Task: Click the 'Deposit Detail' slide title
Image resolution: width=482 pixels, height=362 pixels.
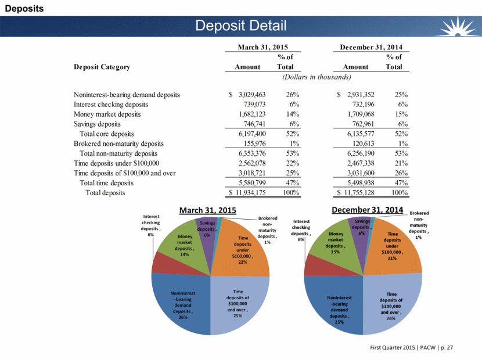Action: pyautogui.click(x=240, y=26)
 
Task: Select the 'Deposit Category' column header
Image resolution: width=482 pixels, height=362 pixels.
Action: pyautogui.click(x=102, y=67)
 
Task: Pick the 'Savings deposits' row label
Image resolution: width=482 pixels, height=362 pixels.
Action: pyautogui.click(x=98, y=124)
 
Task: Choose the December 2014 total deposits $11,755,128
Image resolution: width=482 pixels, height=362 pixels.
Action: pyautogui.click(x=372, y=193)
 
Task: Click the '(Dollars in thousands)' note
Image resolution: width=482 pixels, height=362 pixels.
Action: pyautogui.click(x=316, y=77)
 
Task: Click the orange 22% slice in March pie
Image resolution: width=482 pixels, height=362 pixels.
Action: pyautogui.click(x=244, y=247)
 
